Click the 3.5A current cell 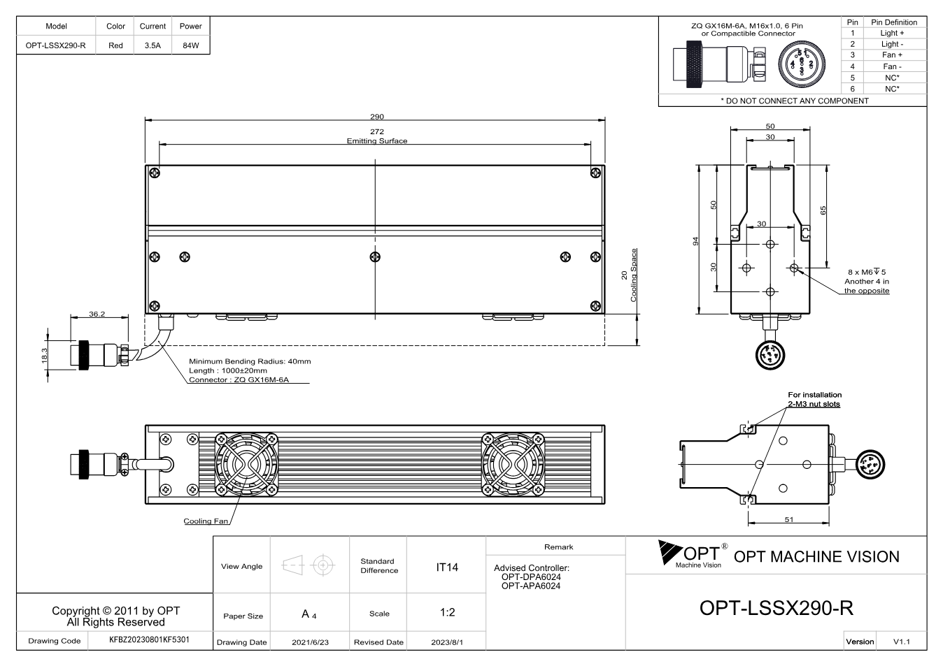(x=153, y=45)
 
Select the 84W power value (x=191, y=45)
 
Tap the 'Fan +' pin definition (x=892, y=55)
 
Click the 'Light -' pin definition (x=892, y=44)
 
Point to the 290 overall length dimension (x=377, y=117)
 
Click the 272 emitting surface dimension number (x=377, y=131)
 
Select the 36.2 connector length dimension (x=97, y=314)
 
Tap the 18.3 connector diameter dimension (x=44, y=356)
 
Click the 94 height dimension (x=695, y=241)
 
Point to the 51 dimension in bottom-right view (x=789, y=520)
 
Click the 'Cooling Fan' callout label (x=206, y=521)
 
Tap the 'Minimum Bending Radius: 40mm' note (x=250, y=361)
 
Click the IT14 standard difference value (x=446, y=567)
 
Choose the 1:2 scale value (x=447, y=612)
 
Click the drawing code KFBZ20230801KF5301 (x=149, y=639)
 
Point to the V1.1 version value (x=901, y=642)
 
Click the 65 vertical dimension (x=823, y=210)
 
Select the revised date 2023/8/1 (x=446, y=642)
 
